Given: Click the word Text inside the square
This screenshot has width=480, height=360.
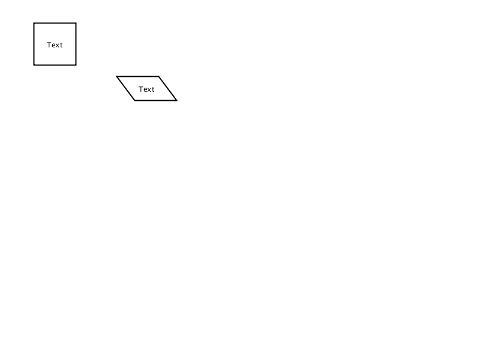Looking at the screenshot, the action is pos(55,45).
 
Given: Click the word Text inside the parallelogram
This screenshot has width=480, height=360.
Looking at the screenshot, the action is pos(146,89).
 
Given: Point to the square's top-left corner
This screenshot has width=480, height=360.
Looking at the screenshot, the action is pos(34,23).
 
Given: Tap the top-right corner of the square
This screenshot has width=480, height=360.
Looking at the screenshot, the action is pos(76,23).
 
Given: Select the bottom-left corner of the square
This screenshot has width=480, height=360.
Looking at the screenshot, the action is pos(34,65).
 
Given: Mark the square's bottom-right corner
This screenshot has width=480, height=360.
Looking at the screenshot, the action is pos(76,65).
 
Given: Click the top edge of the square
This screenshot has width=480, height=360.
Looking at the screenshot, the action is pos(55,23).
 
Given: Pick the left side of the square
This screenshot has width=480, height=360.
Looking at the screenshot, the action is pos(34,44).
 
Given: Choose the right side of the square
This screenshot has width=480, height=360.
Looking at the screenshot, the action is pos(76,44).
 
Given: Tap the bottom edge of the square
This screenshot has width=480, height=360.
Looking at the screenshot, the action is pos(55,65).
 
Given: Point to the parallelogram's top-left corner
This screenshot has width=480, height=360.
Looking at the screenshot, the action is pos(116,76).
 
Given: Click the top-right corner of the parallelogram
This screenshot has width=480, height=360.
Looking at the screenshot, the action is pos(158,76).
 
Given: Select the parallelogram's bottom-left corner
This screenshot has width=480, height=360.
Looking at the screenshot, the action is pos(134,100).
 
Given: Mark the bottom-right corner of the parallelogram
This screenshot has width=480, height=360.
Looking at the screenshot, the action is pos(176,100).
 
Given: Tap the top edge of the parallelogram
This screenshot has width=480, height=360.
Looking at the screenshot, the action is pos(138,76).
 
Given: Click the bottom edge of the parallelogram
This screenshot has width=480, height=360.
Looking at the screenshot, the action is pos(156,100).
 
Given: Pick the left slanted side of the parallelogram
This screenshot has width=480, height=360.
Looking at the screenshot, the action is pos(125,88).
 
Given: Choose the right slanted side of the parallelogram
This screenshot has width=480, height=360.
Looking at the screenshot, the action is pos(168,88).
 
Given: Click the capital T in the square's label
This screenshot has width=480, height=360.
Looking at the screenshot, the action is pos(49,45).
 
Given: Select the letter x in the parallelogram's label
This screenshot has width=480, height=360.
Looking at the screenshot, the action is pos(149,89).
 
